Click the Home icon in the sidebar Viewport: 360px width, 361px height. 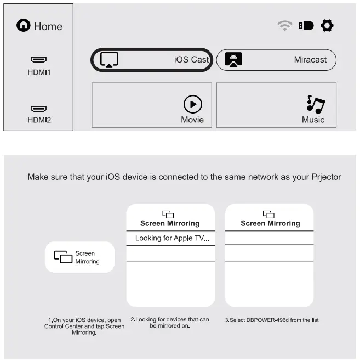23,26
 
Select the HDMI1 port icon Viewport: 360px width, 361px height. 38,59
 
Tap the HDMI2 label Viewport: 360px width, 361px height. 39,120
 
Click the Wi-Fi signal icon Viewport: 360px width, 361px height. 285,26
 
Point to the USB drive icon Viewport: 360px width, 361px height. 306,26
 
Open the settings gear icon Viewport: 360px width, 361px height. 327,26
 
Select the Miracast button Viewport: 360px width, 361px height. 276,60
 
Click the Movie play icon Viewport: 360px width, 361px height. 192,104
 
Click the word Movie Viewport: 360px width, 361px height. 192,120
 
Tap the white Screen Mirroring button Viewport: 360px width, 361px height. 80,258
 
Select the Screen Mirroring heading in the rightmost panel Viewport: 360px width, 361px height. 270,223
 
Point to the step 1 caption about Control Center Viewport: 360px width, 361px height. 84,326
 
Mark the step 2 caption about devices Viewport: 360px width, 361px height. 170,323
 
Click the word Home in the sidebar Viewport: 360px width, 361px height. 48,26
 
